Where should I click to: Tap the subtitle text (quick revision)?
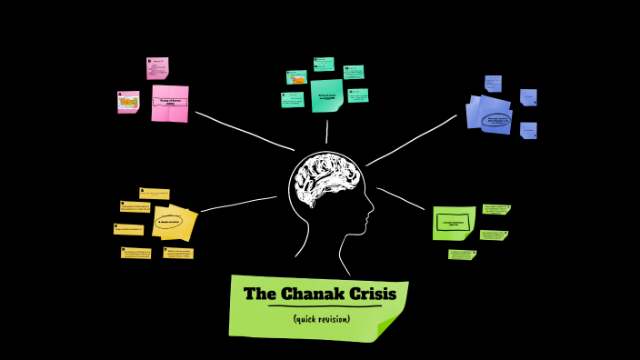322,319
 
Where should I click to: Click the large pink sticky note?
170,103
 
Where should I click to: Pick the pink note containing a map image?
128,102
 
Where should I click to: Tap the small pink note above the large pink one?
157,68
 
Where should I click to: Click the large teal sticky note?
326,95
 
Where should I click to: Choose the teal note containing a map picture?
296,77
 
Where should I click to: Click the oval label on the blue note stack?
496,119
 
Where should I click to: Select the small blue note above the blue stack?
493,84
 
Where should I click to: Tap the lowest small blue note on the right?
528,130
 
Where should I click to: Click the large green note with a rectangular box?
454,223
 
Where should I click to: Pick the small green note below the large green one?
461,255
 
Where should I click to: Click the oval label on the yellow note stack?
170,221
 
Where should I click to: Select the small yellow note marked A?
155,194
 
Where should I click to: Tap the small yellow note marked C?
128,229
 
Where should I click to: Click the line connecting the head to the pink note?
244,131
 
